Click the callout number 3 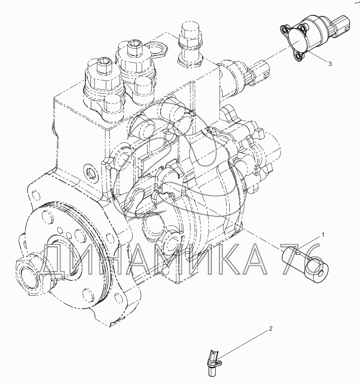330,64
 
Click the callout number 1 323,235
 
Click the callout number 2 271,328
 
